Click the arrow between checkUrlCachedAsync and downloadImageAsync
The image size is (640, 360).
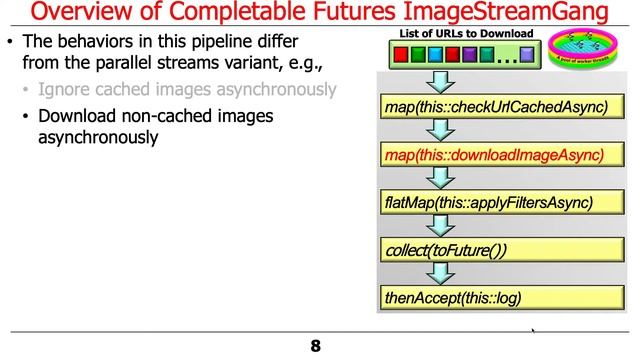[436, 130]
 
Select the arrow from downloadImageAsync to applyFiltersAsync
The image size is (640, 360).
[436, 178]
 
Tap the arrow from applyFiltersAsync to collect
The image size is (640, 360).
[436, 226]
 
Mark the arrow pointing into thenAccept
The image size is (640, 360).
[436, 273]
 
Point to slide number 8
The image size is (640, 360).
[315, 346]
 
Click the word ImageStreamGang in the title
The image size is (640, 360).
[519, 14]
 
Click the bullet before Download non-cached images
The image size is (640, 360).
[26, 116]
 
